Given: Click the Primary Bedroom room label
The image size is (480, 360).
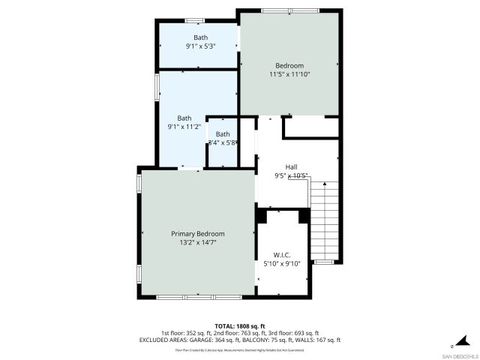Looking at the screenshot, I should (x=197, y=234).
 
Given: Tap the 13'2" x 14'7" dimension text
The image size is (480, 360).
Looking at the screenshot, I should (x=197, y=243).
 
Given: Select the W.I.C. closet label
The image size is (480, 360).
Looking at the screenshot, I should (x=281, y=255).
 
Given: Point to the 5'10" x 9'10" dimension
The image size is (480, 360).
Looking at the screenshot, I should (x=281, y=264).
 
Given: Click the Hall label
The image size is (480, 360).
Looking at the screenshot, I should (x=291, y=166).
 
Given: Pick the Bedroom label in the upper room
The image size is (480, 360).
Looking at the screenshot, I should (x=289, y=65).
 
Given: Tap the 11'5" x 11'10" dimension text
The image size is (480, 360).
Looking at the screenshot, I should (x=289, y=74).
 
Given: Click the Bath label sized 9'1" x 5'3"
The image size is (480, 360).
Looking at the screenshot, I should (x=200, y=37).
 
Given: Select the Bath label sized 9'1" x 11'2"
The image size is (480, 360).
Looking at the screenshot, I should (x=184, y=118).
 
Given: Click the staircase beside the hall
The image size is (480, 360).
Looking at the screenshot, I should (x=325, y=221).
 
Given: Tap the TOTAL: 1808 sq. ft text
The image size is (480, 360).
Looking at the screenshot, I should (x=239, y=326).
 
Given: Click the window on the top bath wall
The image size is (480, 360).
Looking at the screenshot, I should (x=195, y=19).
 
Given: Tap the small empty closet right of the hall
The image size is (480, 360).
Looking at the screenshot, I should (x=310, y=127).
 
